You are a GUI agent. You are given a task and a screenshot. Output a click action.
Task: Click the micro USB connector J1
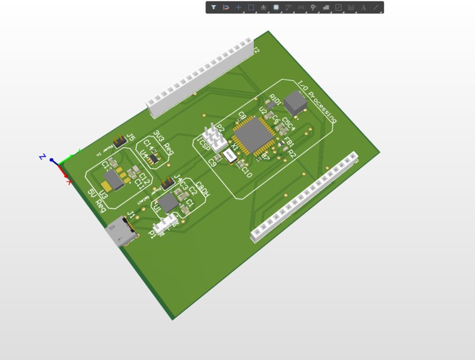coord(121,232)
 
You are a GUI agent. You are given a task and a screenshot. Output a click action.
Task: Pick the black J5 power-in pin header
coord(117,142)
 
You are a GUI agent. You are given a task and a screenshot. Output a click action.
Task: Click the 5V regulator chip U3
coord(114,180)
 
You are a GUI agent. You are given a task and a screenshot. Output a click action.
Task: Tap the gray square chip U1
coord(168,202)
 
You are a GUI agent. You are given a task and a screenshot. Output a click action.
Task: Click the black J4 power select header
coord(167,184)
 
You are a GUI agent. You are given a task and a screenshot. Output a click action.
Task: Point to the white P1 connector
coord(165,224)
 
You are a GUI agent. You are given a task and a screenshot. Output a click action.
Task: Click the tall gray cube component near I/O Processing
coord(295,103)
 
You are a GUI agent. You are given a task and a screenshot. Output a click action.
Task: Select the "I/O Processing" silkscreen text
coord(317,102)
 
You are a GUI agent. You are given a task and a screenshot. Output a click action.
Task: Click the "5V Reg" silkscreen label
coord(97,200)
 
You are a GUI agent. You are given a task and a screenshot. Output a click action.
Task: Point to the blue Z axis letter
coord(43,156)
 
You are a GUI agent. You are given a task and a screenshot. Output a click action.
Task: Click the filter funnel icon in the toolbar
coord(214,8)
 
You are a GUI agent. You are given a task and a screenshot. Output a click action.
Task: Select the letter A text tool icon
coord(363,8)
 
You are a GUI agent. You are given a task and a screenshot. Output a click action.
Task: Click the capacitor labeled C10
coord(240,165)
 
